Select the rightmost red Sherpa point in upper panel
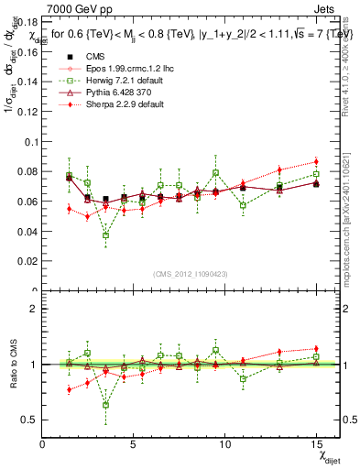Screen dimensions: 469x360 (316, 162)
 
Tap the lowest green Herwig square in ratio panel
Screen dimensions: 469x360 (106, 405)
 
